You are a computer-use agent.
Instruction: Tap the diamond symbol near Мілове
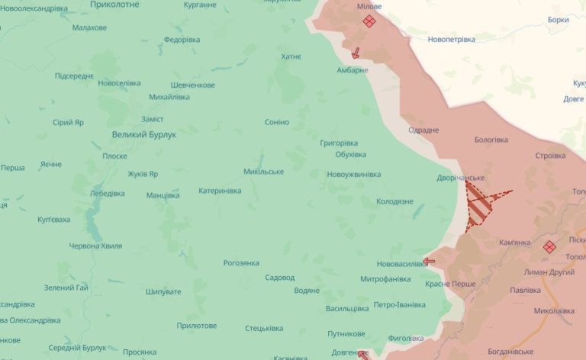pyautogui.click(x=369, y=21)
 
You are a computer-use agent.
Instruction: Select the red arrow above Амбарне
pyautogui.click(x=356, y=53)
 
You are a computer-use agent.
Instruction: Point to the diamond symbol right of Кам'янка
pyautogui.click(x=549, y=246)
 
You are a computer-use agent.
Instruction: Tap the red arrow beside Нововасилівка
pyautogui.click(x=429, y=261)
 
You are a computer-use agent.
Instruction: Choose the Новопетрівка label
pyautogui.click(x=451, y=39)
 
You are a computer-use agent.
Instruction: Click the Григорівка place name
pyautogui.click(x=339, y=143)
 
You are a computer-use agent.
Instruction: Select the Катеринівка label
pyautogui.click(x=220, y=191)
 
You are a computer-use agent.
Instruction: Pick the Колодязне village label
pyautogui.click(x=394, y=201)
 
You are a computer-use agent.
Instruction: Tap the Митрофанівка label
pyautogui.click(x=385, y=278)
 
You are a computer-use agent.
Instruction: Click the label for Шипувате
pyautogui.click(x=163, y=291)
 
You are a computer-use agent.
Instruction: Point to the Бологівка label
pyautogui.click(x=491, y=140)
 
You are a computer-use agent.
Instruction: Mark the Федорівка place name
pyautogui.click(x=182, y=40)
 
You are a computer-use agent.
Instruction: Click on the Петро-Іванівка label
pyautogui.click(x=399, y=305)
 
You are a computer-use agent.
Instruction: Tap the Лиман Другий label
pyautogui.click(x=549, y=272)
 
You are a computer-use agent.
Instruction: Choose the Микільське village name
pyautogui.click(x=263, y=172)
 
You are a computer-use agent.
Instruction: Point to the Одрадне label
pyautogui.click(x=423, y=130)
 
